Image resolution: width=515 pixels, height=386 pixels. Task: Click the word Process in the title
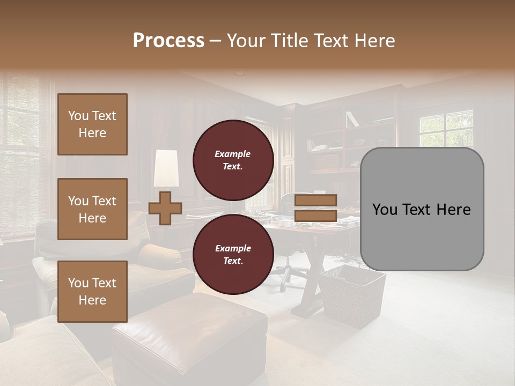(168, 41)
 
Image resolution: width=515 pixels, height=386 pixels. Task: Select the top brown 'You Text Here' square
(92, 124)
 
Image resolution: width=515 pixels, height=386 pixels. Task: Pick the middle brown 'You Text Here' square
(92, 209)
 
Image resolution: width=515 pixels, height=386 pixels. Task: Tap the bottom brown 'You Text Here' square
(92, 291)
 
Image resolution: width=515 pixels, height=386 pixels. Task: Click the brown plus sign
(165, 208)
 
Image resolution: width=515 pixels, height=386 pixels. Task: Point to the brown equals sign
(316, 208)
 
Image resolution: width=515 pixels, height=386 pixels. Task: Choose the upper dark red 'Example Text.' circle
(233, 160)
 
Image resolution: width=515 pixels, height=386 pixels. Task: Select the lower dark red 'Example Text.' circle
(233, 255)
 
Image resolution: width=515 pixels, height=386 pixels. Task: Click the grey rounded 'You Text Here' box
(422, 209)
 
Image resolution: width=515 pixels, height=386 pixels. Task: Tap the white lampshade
(166, 168)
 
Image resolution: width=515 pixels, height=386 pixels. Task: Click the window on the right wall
(446, 129)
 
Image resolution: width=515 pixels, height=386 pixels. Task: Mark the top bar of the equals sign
(316, 201)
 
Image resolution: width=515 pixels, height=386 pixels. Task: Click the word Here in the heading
(375, 41)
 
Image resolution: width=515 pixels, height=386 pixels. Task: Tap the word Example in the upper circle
(233, 154)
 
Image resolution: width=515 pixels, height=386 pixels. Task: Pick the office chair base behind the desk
(288, 277)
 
